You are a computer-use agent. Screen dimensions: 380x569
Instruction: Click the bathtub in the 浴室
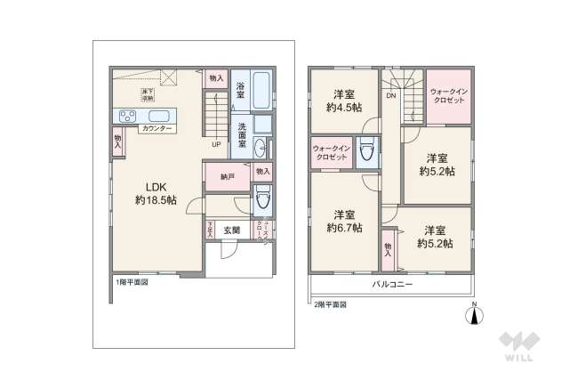pos(259,89)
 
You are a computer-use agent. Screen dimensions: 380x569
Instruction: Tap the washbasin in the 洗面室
pos(259,148)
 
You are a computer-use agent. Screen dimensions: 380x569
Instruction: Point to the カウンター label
pos(156,129)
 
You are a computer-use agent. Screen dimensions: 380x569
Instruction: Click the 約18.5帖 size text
pos(155,200)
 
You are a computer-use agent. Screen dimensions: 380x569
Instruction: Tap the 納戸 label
pos(228,176)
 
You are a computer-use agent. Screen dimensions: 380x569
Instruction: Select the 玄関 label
pos(231,230)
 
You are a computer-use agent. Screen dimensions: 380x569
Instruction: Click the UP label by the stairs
pos(216,144)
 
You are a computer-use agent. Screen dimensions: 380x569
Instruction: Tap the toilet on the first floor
pos(260,200)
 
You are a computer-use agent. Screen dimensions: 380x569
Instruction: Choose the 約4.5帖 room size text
pos(342,108)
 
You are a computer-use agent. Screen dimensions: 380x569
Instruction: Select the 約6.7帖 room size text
pos(342,228)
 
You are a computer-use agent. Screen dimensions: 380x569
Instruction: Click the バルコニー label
pos(391,285)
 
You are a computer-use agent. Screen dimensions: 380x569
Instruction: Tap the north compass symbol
pos(473,316)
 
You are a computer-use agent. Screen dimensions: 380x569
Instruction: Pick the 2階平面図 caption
pos(330,304)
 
